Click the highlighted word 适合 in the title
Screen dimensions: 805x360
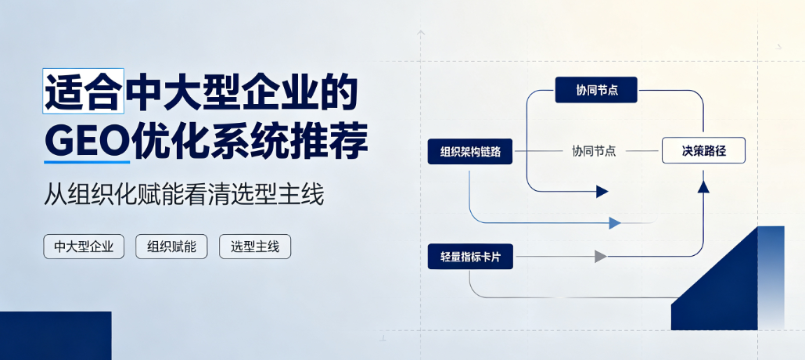(83, 91)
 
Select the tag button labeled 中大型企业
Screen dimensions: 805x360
(84, 247)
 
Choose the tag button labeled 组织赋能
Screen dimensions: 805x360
(171, 247)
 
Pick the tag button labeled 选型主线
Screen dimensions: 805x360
(255, 247)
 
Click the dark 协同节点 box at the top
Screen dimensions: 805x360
(596, 90)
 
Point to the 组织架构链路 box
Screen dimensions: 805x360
(469, 152)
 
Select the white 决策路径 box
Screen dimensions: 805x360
(703, 150)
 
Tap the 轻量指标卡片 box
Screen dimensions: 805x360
(470, 256)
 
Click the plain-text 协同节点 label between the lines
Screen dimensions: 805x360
(594, 151)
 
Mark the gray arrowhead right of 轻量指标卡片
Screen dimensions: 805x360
(601, 256)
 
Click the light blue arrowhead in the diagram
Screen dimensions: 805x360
(615, 223)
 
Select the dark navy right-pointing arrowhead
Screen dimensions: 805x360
(602, 192)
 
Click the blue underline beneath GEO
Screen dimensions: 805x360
(87, 162)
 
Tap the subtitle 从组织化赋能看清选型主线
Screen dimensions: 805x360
(184, 196)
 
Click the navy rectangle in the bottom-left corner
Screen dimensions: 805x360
(56, 336)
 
